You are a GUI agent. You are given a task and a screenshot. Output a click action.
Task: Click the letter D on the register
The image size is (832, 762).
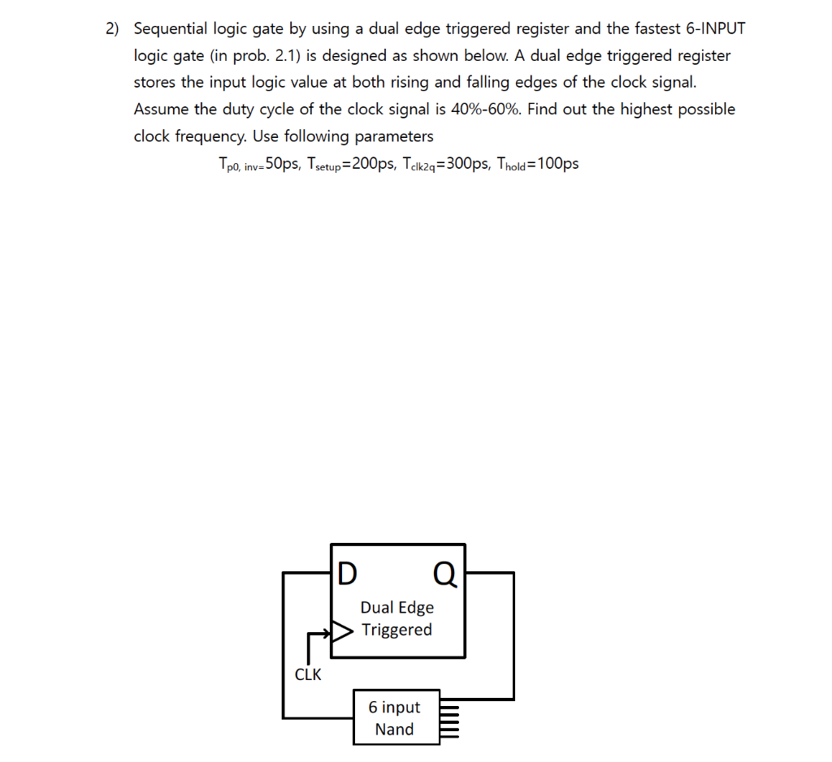pos(347,574)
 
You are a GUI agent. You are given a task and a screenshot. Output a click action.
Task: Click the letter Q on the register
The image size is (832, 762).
pos(445,574)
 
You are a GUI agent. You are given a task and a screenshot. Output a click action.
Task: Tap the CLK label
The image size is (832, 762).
pos(308,674)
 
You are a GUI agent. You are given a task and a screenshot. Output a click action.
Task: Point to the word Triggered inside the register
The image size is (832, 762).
pos(396,630)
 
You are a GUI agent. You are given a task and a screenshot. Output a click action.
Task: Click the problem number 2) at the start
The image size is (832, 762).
pos(112,29)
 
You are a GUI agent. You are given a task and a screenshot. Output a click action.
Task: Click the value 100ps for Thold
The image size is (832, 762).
pos(558,163)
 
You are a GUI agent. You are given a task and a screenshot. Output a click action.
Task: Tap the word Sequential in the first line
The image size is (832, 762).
pos(170,29)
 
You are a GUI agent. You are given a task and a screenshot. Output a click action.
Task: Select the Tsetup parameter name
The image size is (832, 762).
pos(326,164)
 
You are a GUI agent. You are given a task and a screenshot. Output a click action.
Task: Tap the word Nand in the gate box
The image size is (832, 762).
pos(394,730)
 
